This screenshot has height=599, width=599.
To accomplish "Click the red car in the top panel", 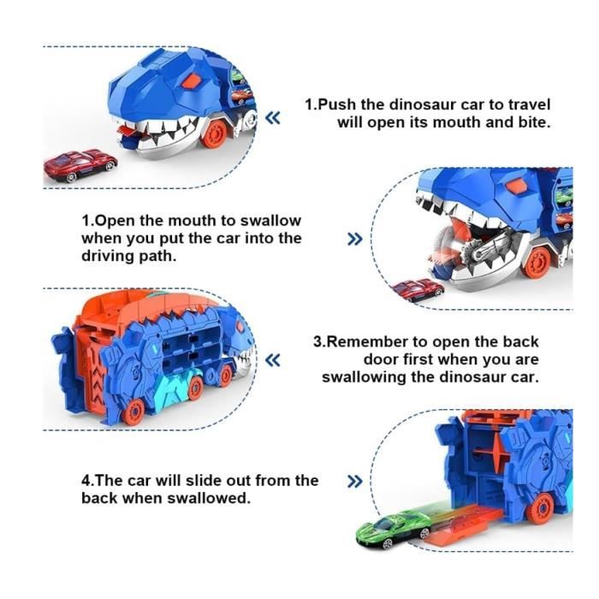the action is [80, 165].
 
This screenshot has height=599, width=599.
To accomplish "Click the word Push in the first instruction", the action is [338, 104].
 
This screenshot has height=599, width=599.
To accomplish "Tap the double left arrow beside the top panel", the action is [273, 118].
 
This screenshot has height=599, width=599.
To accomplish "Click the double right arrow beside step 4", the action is [355, 481].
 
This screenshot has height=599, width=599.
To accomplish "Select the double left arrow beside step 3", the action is [273, 360].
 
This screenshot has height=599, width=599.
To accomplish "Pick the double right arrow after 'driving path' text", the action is [355, 239].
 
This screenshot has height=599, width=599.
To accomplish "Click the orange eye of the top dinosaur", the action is [192, 81].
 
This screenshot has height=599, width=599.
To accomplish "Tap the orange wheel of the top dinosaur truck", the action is [214, 133].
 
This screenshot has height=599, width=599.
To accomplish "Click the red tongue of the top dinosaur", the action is [126, 130].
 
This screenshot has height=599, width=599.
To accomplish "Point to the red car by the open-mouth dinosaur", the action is [419, 290].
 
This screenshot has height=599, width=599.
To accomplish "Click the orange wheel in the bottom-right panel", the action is [539, 507].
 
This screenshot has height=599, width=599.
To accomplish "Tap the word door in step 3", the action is [379, 359].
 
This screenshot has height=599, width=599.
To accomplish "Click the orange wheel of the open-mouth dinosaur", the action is [538, 262].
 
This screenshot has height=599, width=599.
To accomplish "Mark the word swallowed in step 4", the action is [209, 498].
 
